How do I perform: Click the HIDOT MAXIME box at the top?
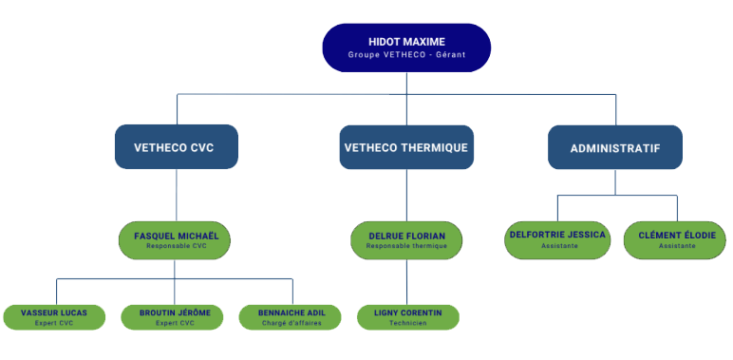coord(406,47)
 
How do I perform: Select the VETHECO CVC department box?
coord(176,147)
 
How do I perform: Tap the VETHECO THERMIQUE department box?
coord(406,147)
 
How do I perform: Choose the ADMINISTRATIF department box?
coord(614,147)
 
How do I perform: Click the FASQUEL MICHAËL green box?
coord(176,239)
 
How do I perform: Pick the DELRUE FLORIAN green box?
coord(406,239)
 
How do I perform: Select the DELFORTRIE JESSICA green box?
coord(558,239)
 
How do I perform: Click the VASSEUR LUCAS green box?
coord(56,316)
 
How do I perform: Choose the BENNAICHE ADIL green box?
coord(291,316)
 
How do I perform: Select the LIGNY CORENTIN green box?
coord(407,316)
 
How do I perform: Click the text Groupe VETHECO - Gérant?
coord(406,54)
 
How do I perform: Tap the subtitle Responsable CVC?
coord(176,246)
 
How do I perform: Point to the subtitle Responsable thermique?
coord(406,246)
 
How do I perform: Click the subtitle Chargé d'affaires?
coord(291,323)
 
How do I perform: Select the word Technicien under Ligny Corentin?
coord(407,323)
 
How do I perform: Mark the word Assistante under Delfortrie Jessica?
coord(558,246)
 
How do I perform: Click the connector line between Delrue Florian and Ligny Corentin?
coord(407,281)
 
